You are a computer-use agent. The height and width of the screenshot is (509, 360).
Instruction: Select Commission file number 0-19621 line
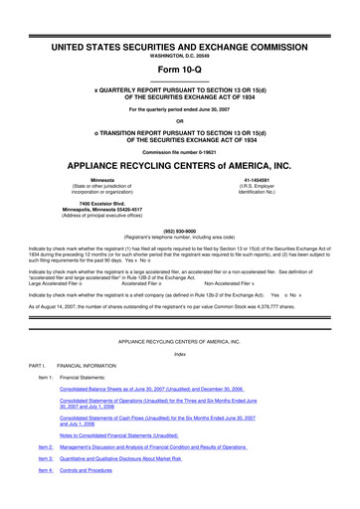click(179, 150)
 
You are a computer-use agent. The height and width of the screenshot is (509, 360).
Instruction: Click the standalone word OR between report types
click(179, 121)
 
